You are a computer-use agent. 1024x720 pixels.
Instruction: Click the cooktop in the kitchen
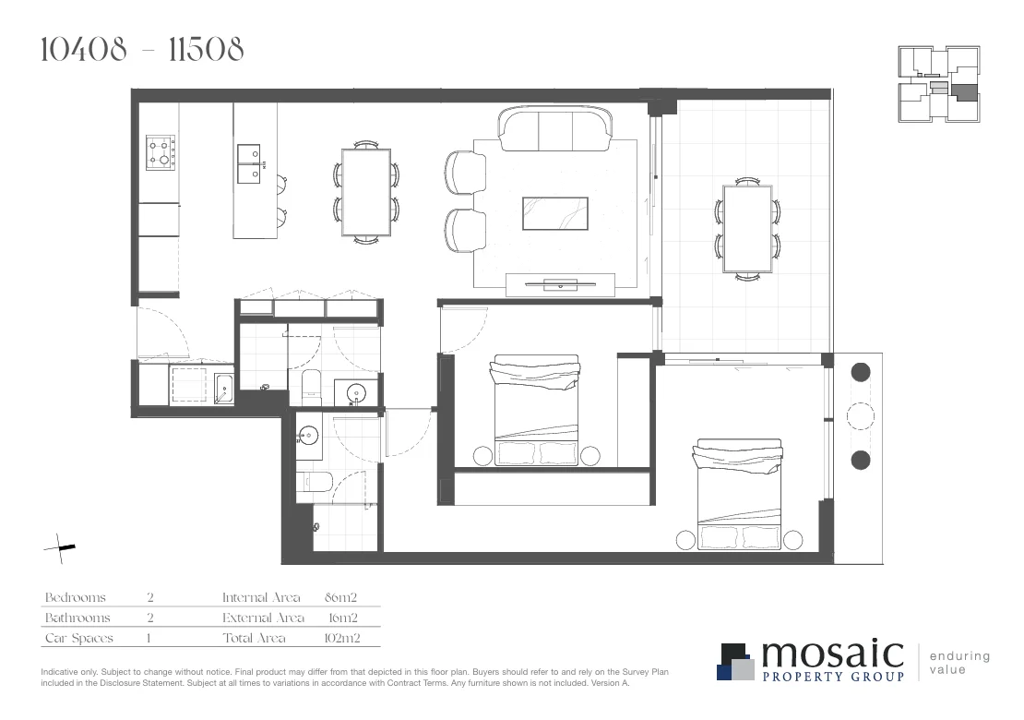tap(161, 152)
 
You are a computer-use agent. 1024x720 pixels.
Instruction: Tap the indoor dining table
tap(366, 194)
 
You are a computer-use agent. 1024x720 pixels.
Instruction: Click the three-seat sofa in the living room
tap(555, 129)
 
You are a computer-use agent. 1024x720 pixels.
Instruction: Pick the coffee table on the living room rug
tap(555, 212)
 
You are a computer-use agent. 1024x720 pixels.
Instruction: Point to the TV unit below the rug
tap(560, 284)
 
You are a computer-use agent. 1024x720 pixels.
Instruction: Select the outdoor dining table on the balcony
tap(747, 227)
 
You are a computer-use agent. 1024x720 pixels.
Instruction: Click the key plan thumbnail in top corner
tap(939, 84)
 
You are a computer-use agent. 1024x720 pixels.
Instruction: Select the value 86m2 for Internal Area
tap(341, 598)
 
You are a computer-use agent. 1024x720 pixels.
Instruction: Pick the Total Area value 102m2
tap(341, 638)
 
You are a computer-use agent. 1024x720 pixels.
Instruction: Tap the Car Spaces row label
tap(79, 638)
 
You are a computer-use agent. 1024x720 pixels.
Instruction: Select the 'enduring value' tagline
tap(959, 663)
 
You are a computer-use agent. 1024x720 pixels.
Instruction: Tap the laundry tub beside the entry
tap(223, 389)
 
